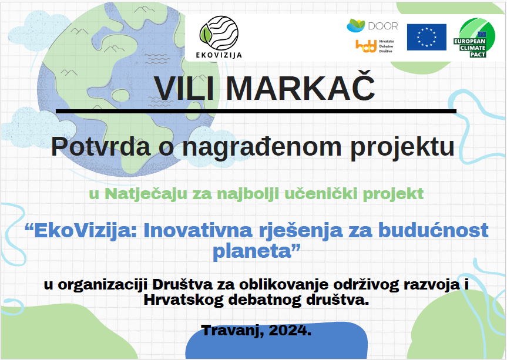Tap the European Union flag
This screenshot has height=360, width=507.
(427, 37)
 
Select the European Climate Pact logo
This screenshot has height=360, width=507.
(474, 38)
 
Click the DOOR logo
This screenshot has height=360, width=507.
(372, 25)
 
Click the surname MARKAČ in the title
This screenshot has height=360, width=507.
(300, 88)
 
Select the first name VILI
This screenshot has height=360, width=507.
(184, 88)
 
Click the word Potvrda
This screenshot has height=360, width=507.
(101, 147)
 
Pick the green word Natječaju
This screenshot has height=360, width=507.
(146, 194)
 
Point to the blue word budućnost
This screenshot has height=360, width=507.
(434, 230)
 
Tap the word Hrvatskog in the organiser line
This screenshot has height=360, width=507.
(183, 300)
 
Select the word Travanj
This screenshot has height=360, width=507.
(233, 331)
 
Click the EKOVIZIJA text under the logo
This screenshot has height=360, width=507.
(219, 55)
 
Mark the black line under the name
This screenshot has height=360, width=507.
(256, 111)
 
